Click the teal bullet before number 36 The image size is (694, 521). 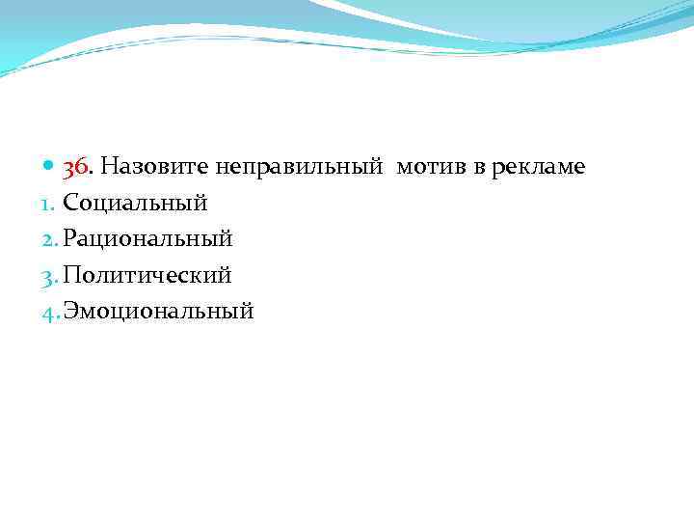(x=50, y=168)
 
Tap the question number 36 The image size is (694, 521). (x=76, y=167)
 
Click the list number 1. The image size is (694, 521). (x=53, y=204)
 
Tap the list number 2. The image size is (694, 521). (x=54, y=239)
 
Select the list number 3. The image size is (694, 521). (x=54, y=275)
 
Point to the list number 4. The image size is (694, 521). (x=54, y=311)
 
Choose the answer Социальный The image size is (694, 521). (x=135, y=204)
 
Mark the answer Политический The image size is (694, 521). (x=147, y=275)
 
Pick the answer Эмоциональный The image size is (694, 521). (x=158, y=311)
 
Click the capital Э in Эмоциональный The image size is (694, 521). (x=70, y=311)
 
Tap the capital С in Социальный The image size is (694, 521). (x=70, y=204)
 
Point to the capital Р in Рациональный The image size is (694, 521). (x=69, y=238)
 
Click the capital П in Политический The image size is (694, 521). (x=71, y=275)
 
